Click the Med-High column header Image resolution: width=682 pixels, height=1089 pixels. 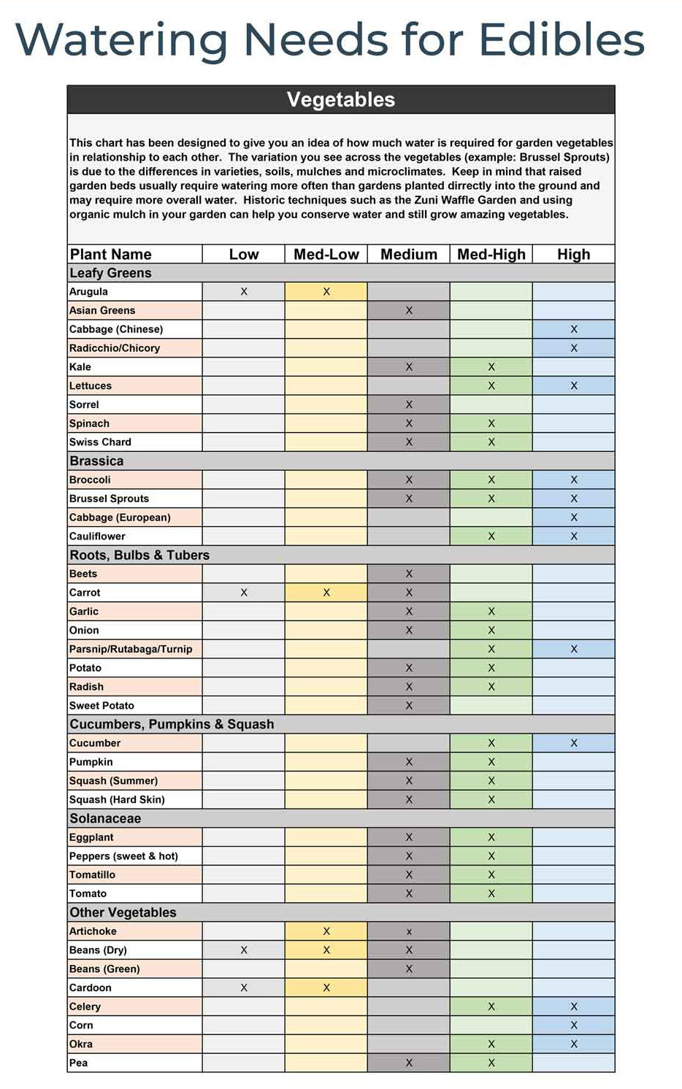tap(491, 254)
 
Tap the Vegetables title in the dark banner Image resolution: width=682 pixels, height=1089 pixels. tap(341, 100)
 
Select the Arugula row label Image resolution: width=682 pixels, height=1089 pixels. tap(88, 291)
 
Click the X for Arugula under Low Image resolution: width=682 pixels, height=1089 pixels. tap(244, 291)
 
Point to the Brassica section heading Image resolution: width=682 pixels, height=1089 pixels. tap(96, 461)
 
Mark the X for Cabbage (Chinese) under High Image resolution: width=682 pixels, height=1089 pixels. tap(574, 329)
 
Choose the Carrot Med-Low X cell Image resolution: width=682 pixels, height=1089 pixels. tap(326, 593)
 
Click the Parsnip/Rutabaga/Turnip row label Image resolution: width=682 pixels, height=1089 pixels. tap(131, 649)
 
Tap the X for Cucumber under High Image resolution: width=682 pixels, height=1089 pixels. tap(574, 743)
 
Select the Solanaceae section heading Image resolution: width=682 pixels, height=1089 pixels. tap(105, 818)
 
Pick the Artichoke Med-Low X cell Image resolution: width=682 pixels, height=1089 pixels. tap(326, 931)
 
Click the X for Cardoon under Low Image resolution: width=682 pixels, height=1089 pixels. tap(244, 988)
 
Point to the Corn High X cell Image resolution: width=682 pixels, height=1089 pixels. tap(574, 1025)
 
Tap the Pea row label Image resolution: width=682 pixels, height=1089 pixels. tap(78, 1063)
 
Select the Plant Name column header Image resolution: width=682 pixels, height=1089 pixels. tap(110, 254)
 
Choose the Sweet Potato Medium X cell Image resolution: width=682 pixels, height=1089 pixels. tap(409, 706)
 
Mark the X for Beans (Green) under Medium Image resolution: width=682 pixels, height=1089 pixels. tap(409, 969)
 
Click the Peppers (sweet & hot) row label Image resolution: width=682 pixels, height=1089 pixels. tap(123, 856)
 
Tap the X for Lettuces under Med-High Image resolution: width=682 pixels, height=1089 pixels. tap(491, 385)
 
